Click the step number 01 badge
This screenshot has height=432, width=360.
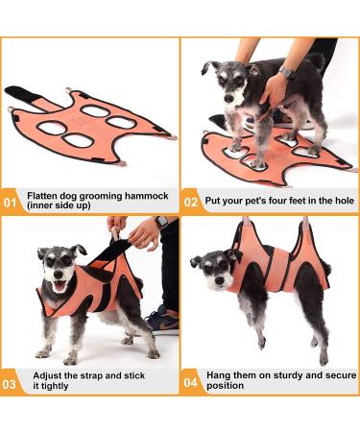pos(10,203)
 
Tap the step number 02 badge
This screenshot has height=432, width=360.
pos(191,203)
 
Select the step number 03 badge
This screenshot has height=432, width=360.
pos(9,384)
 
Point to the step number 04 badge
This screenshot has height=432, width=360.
pos(191,382)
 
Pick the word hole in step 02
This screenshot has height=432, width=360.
pos(345,201)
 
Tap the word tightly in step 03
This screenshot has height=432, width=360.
pos(51,386)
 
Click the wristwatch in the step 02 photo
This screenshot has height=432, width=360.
pos(286,72)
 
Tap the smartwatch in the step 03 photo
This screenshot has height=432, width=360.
pos(161,222)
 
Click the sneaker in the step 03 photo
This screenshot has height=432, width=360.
pos(163,322)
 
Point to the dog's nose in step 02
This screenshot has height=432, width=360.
pos(228,99)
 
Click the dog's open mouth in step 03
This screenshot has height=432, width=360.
pos(60,286)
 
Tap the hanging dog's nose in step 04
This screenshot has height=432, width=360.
pos(220,280)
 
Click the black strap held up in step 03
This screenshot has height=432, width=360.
pos(111,252)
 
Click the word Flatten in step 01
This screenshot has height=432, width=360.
pos(43,196)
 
